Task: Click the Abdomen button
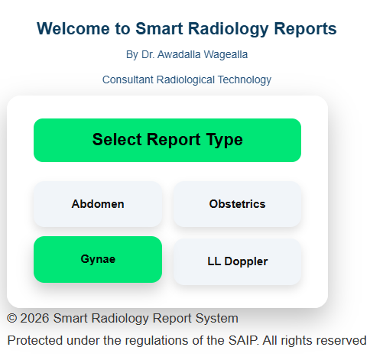point(98,204)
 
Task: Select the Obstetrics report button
point(237,204)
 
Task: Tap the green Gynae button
point(98,259)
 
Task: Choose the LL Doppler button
point(237,261)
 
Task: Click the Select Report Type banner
point(167,140)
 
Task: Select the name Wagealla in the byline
point(226,54)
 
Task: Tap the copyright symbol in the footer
point(11,319)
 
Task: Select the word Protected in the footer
point(34,340)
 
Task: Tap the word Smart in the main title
point(158,29)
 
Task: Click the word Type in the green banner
point(224,140)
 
